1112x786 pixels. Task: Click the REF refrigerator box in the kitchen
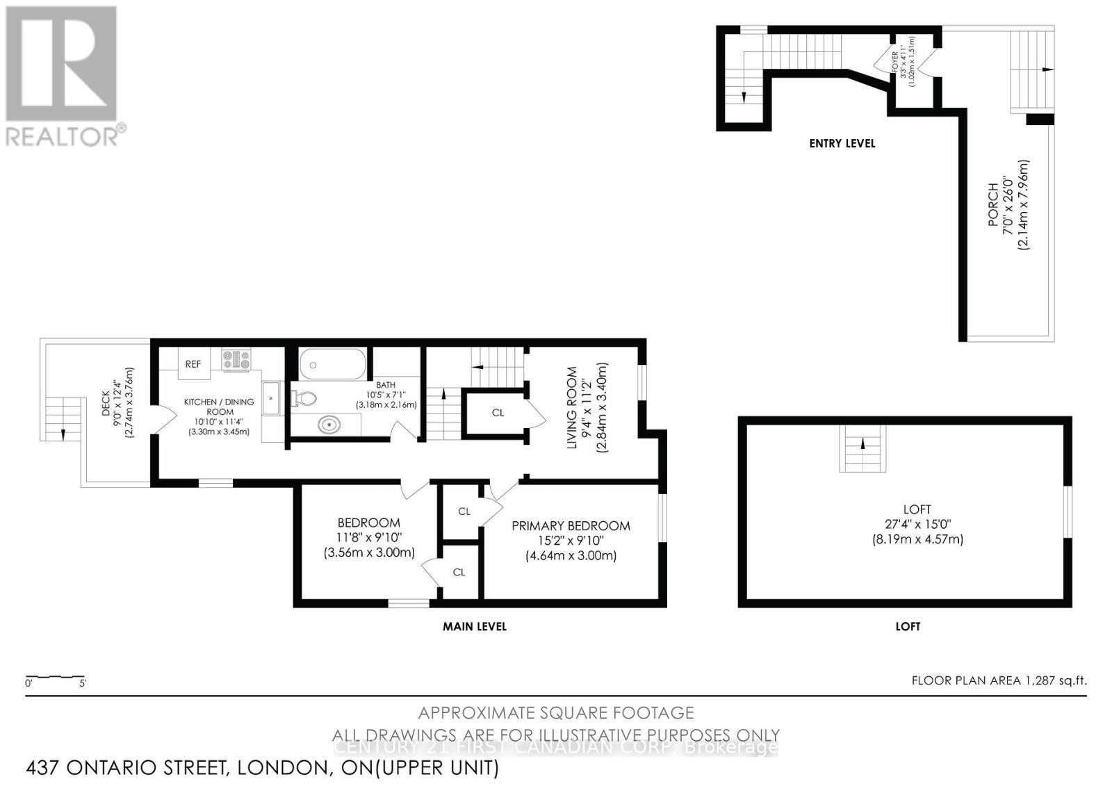pos(193,363)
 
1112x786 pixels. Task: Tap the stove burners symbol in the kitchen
pos(236,359)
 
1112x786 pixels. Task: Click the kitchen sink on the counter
pos(271,398)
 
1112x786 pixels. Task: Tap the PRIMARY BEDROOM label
pos(571,526)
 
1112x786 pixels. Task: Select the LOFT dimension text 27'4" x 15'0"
pos(917,525)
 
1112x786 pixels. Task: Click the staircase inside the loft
pos(863,449)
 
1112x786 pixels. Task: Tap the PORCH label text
pos(993,204)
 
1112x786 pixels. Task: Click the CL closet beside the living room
pos(498,413)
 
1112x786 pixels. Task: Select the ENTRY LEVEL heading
pos(842,143)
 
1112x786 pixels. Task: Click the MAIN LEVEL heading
pos(475,626)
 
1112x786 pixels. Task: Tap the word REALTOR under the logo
pos(63,136)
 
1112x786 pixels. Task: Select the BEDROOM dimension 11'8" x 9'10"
pos(368,538)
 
